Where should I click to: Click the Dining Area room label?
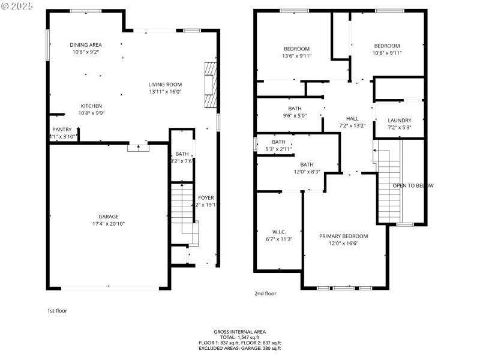86,45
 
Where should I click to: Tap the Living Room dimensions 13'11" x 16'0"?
165,92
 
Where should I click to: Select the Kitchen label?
91,106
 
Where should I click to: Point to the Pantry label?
62,130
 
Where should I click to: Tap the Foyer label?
206,197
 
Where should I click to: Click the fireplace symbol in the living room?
209,84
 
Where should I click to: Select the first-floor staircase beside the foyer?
181,213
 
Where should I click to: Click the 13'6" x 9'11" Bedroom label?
296,49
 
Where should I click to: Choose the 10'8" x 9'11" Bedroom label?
387,46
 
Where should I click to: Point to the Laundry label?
399,120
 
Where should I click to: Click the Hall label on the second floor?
352,118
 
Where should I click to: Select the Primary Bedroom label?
343,236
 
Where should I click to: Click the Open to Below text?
413,185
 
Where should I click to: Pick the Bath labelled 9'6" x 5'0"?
295,109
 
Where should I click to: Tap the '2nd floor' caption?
265,293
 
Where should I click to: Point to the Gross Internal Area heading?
239,332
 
